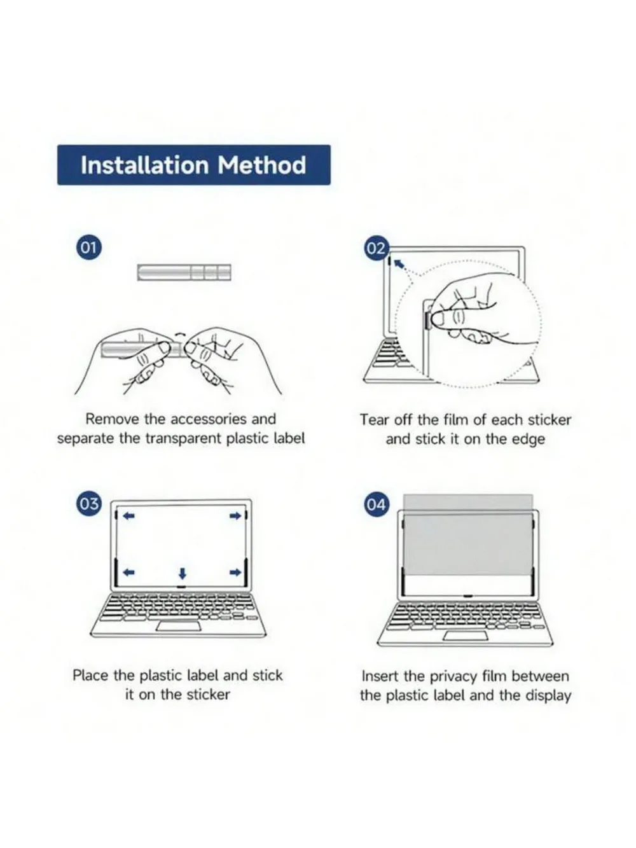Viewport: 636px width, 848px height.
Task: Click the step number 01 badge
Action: [x=88, y=247]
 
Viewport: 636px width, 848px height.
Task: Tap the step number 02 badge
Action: [x=376, y=248]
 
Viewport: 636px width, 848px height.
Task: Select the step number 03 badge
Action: [x=88, y=504]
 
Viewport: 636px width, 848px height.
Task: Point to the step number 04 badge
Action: [x=376, y=504]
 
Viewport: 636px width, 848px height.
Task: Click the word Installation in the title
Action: [x=144, y=165]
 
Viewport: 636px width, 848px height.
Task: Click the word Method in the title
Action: [x=261, y=165]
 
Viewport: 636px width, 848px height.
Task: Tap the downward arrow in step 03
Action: [x=183, y=573]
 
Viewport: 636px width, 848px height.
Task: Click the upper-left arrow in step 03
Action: [x=129, y=515]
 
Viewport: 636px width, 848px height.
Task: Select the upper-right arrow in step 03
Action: [x=235, y=515]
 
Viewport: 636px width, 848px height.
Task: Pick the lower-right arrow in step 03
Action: [x=235, y=572]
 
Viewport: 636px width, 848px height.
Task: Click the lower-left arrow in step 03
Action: [x=129, y=572]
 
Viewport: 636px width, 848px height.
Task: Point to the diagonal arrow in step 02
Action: [x=399, y=263]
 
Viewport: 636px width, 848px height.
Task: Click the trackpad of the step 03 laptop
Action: [x=179, y=626]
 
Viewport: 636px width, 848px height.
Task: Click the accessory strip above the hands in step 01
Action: [x=184, y=272]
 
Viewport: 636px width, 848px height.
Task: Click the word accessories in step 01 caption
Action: [x=209, y=419]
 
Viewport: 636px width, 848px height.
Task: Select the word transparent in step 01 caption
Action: [x=183, y=438]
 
